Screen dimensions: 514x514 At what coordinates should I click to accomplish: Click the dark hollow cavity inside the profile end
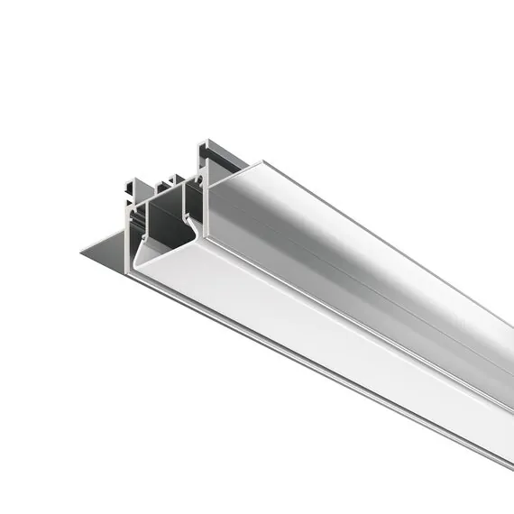pos(162,225)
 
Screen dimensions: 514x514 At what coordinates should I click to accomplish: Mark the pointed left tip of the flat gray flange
pos(83,251)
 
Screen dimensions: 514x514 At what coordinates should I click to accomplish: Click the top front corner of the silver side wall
pos(262,163)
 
